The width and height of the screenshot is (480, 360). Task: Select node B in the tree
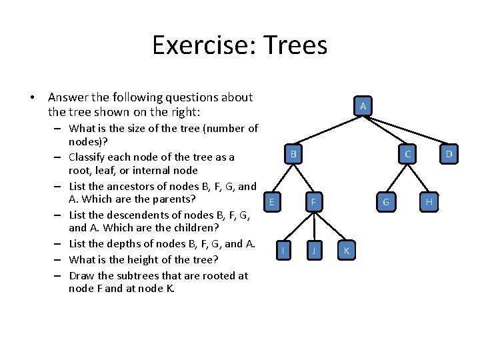click(293, 155)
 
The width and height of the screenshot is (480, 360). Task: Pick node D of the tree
click(449, 155)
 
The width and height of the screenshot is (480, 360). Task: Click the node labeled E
click(271, 202)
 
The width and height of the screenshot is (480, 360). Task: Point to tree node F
click(313, 202)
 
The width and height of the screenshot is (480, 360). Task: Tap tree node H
click(429, 202)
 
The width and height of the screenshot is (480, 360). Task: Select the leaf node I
click(284, 251)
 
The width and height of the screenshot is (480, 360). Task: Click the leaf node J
click(313, 251)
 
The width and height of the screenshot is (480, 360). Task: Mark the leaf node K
click(345, 251)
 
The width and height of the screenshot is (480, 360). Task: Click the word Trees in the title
click(295, 45)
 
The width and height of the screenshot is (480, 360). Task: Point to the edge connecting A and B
click(327, 131)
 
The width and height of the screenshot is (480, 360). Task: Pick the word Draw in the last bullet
click(82, 275)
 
